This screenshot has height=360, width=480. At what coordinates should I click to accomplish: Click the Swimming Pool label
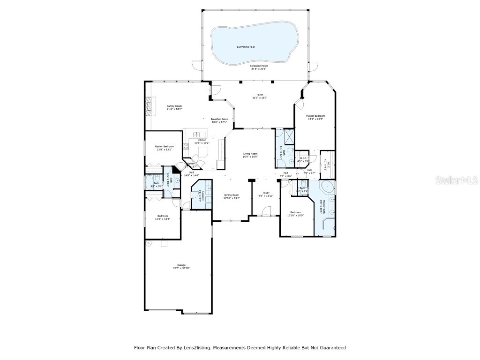248,47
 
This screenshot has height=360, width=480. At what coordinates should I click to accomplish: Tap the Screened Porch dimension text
259,69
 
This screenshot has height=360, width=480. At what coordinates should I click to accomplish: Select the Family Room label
174,106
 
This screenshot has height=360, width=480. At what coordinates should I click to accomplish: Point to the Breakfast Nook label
219,119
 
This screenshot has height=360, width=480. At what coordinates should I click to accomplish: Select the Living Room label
250,154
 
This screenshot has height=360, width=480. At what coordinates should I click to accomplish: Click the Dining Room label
231,195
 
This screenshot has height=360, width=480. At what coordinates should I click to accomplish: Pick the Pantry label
191,165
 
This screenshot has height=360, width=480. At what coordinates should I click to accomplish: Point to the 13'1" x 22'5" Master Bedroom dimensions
315,119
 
